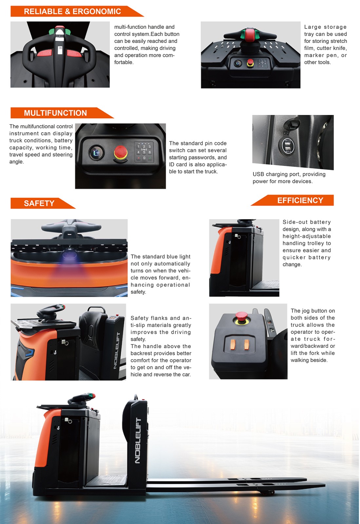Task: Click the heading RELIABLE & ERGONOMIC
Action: click(x=72, y=11)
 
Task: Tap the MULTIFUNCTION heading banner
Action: click(x=62, y=113)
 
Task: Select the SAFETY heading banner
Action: click(x=43, y=203)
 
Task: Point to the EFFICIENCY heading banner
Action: click(x=293, y=200)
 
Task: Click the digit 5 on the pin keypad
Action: click(x=144, y=152)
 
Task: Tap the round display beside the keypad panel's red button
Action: click(x=97, y=153)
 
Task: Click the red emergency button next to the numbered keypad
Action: click(x=121, y=152)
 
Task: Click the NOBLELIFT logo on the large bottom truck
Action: click(x=138, y=440)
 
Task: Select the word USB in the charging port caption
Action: click(x=258, y=174)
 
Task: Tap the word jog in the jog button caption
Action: click(x=306, y=311)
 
